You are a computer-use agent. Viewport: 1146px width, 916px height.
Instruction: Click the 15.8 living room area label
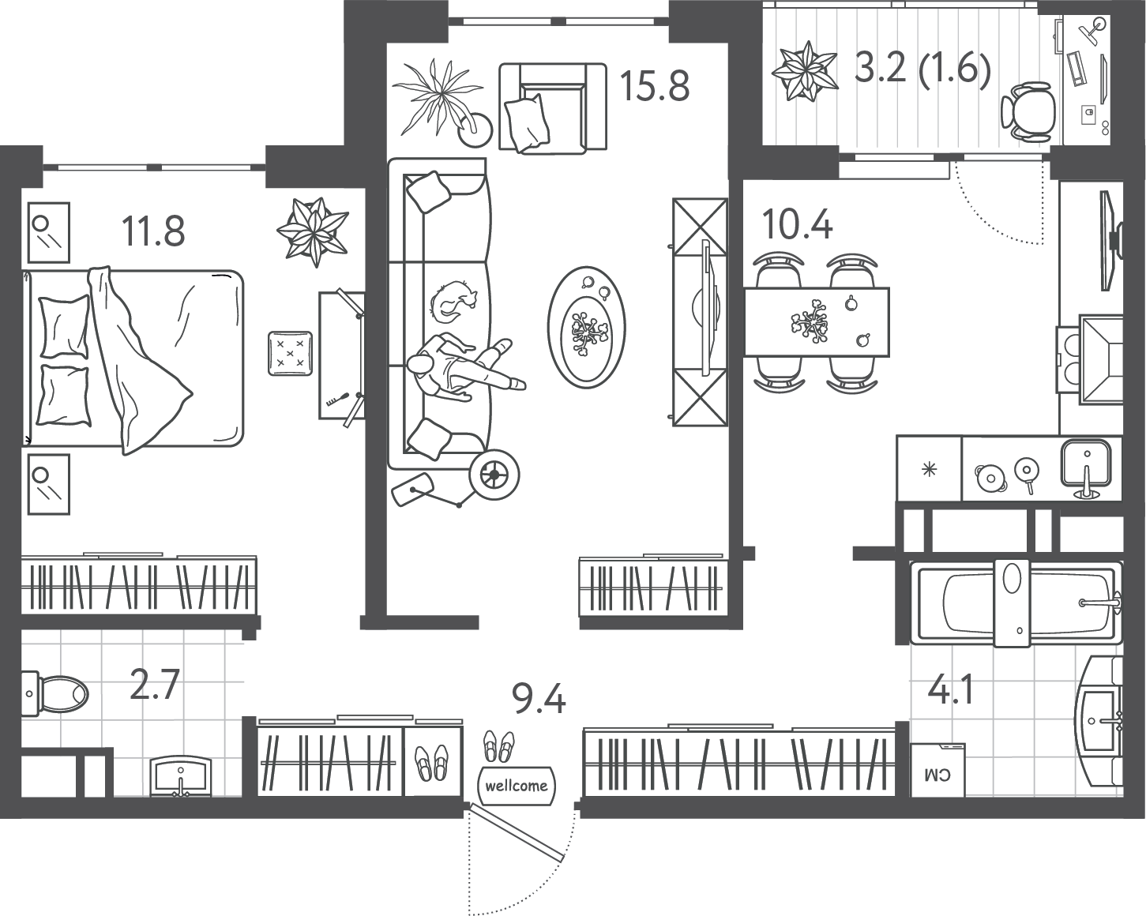coord(655,86)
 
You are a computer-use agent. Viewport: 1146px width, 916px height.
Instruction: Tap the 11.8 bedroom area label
coord(153,231)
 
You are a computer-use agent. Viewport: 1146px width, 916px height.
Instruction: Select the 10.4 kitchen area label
coord(797,224)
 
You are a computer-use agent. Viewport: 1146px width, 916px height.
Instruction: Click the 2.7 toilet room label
coord(155,685)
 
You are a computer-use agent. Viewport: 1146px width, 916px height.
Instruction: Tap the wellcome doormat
coord(516,786)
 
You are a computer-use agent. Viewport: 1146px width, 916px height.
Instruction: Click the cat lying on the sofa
coord(452,300)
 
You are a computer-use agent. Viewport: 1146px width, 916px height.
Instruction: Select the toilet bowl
coord(55,694)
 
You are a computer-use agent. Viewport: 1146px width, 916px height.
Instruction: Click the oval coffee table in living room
coord(586,328)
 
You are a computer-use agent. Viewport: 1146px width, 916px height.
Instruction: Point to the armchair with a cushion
coord(552,107)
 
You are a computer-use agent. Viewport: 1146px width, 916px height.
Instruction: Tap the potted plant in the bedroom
coord(314,231)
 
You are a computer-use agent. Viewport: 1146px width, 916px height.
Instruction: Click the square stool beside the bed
coord(290,353)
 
